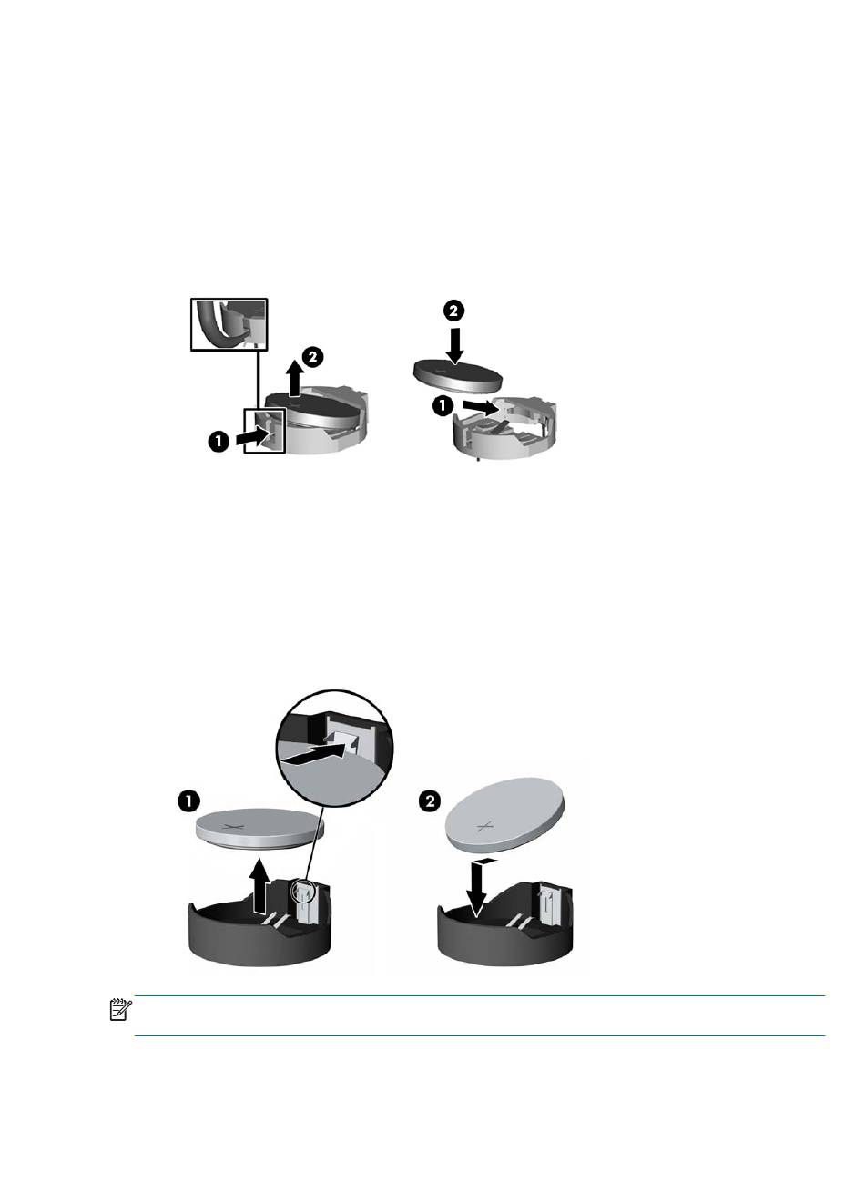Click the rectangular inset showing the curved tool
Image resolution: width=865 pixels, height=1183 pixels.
click(229, 324)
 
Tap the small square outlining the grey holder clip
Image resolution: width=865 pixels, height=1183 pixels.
click(264, 430)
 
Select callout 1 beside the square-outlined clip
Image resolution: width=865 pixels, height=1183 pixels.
click(219, 441)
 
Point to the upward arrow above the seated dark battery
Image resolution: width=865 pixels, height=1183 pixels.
click(297, 379)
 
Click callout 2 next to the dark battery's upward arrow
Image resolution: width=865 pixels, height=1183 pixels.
click(312, 357)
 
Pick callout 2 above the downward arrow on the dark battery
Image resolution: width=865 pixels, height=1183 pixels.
click(453, 311)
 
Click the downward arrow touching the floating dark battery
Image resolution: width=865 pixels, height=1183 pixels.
click(454, 346)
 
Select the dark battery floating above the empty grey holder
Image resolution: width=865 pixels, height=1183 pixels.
click(456, 375)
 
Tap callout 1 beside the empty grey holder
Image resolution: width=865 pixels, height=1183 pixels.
click(443, 406)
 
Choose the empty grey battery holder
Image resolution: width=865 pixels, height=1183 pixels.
click(504, 429)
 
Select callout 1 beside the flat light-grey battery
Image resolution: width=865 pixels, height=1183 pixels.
click(188, 802)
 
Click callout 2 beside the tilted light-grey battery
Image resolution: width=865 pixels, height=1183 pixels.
click(430, 801)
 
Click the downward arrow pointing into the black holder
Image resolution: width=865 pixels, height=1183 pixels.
click(478, 888)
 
